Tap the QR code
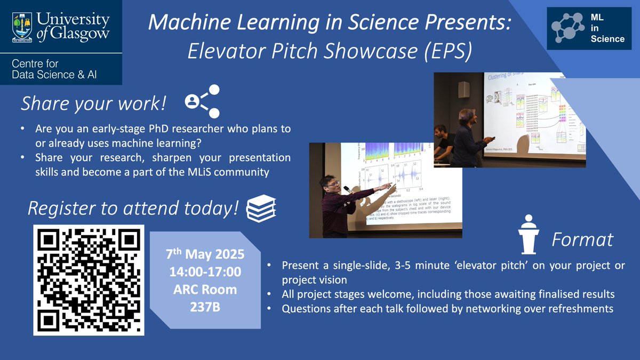pos(89,279)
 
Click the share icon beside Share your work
pos(203,100)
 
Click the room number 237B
pos(205,308)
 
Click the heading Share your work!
pos(93,103)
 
